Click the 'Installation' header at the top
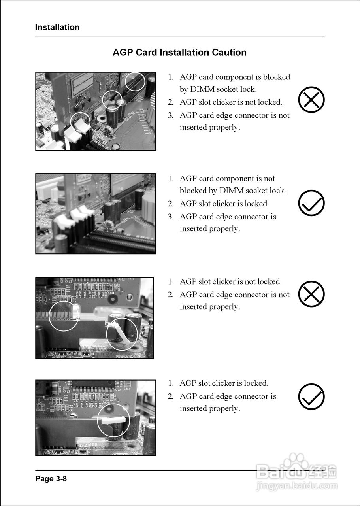(x=57, y=27)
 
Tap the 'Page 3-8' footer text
(x=51, y=478)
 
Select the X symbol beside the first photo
(x=311, y=99)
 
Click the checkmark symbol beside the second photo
(x=311, y=203)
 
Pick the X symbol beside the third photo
(x=311, y=294)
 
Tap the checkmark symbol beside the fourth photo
(x=311, y=396)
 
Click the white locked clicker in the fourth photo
(x=113, y=420)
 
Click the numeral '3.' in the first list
(x=170, y=115)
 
